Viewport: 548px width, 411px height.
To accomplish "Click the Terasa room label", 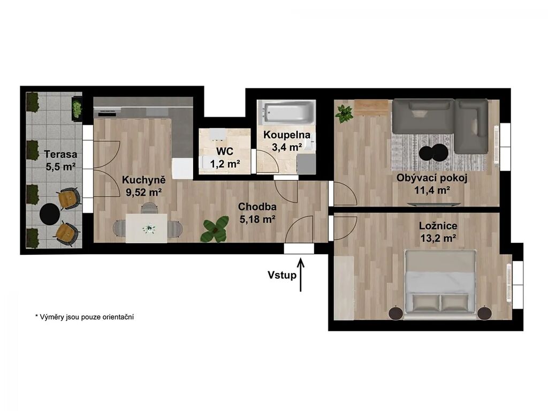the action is pos(61,160).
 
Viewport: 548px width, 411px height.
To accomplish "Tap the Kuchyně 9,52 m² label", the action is pos(143,186).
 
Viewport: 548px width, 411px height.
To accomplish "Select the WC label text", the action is pos(225,151).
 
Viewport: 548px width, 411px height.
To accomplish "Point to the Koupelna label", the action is pos(287,135).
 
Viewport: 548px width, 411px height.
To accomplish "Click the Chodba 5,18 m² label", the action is pos(257,213).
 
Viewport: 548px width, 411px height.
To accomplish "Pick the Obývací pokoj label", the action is pos(432,178).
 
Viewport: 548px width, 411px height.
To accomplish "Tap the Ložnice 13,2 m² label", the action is pos(438,232).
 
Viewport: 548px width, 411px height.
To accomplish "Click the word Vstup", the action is pos(282,275).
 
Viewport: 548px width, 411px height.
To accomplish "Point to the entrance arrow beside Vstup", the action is pos(301,274).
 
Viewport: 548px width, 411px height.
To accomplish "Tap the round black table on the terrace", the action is pos(50,214).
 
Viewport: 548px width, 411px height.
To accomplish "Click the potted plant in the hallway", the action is pos(214,229).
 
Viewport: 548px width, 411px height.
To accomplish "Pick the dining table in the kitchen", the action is pos(146,228).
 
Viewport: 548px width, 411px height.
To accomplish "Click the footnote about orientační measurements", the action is pos(84,317).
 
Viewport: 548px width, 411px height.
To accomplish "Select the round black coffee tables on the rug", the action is pos(433,153).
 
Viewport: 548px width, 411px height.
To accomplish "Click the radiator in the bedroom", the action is pos(509,283).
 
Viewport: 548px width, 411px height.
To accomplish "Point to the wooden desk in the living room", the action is pos(371,107).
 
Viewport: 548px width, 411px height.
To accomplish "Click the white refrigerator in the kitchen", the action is pos(182,169).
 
